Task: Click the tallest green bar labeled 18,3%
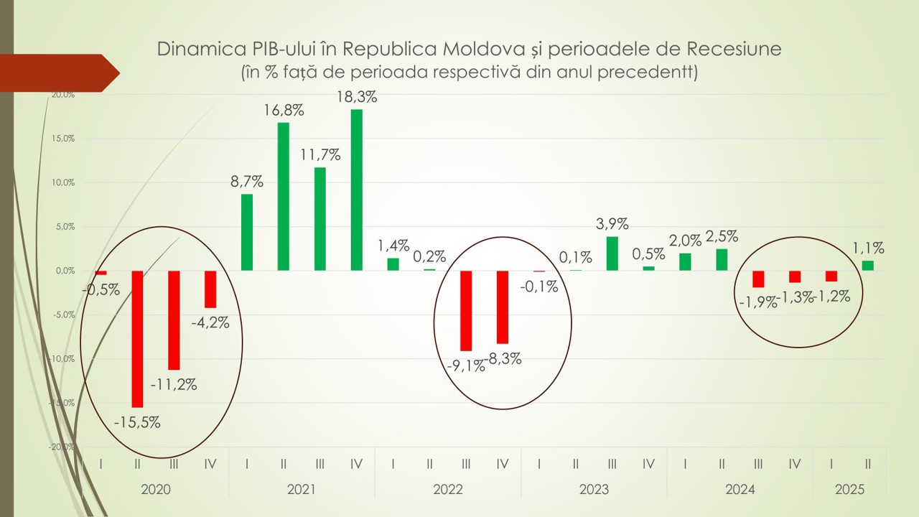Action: [x=356, y=190]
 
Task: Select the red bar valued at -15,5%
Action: [x=137, y=338]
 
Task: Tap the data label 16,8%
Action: [x=284, y=111]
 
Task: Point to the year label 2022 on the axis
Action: [x=447, y=490]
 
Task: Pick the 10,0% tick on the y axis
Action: [x=63, y=182]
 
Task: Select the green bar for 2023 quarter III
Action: [x=612, y=253]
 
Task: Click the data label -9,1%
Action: [x=465, y=365]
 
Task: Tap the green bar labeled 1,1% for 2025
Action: [x=867, y=266]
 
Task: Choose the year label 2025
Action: [x=849, y=490]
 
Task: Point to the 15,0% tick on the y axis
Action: [x=63, y=139]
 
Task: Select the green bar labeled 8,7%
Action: [x=247, y=232]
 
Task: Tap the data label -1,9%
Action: [x=757, y=302]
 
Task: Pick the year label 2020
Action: [x=155, y=490]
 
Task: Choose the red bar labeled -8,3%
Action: [x=503, y=307]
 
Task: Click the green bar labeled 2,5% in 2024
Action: [x=722, y=259]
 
